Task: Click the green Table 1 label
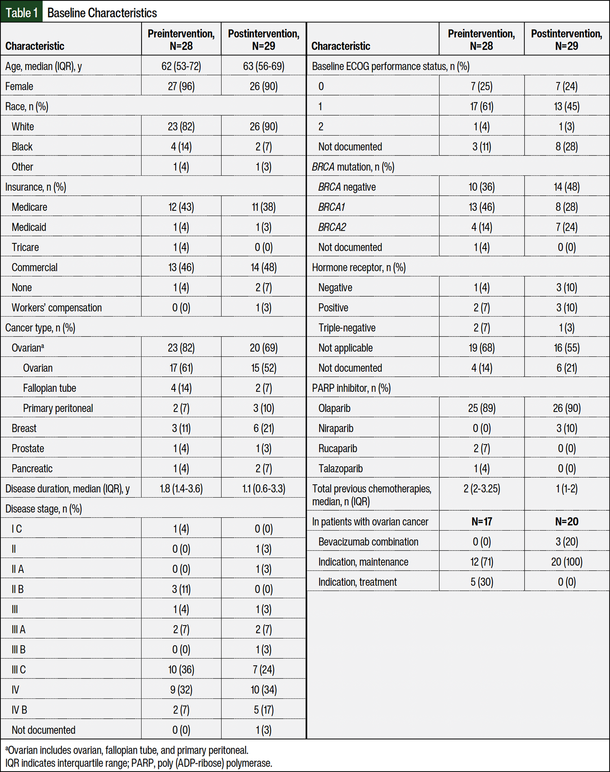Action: pyautogui.click(x=22, y=13)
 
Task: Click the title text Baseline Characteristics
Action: pyautogui.click(x=102, y=13)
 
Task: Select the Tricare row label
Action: pyautogui.click(x=25, y=247)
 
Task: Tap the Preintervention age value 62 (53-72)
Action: pyautogui.click(x=181, y=66)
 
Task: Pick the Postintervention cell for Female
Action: pyautogui.click(x=264, y=86)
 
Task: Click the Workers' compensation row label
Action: pyautogui.click(x=57, y=308)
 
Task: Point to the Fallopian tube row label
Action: pyautogui.click(x=49, y=388)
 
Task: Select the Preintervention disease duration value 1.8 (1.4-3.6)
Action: pyautogui.click(x=181, y=488)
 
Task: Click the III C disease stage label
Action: pyautogui.click(x=19, y=669)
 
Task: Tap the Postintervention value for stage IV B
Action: pyautogui.click(x=264, y=710)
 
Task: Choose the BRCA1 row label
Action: pyautogui.click(x=331, y=207)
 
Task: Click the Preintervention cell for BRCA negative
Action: pyautogui.click(x=481, y=187)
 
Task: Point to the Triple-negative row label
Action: pyautogui.click(x=347, y=328)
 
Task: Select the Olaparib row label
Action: pyautogui.click(x=334, y=408)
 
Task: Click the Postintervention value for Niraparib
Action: pyautogui.click(x=566, y=428)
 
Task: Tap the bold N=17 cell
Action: pyautogui.click(x=481, y=521)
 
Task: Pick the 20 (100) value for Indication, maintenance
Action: pyautogui.click(x=566, y=562)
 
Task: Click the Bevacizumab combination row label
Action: pyautogui.click(x=368, y=542)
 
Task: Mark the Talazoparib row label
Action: pyautogui.click(x=340, y=468)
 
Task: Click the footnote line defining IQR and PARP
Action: pyautogui.click(x=139, y=763)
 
